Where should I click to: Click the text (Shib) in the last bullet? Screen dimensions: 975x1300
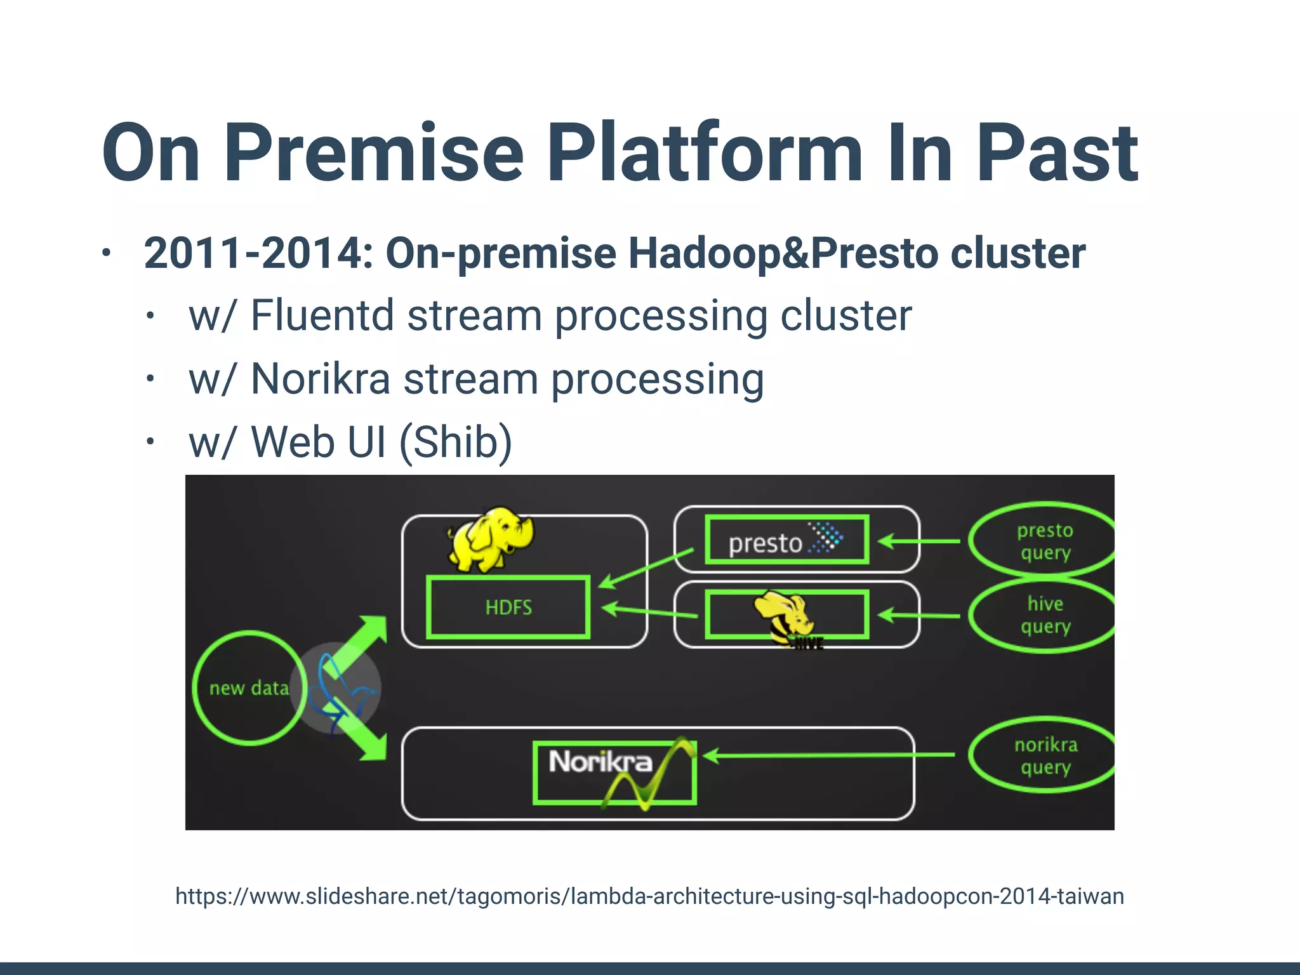tap(455, 442)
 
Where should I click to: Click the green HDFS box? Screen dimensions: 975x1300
tap(508, 607)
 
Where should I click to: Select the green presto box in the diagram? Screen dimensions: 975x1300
tap(786, 540)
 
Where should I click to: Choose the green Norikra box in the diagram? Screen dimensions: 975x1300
tap(614, 772)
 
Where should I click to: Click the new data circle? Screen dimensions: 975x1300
tap(249, 687)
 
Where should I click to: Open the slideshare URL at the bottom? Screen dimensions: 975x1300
tap(649, 896)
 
